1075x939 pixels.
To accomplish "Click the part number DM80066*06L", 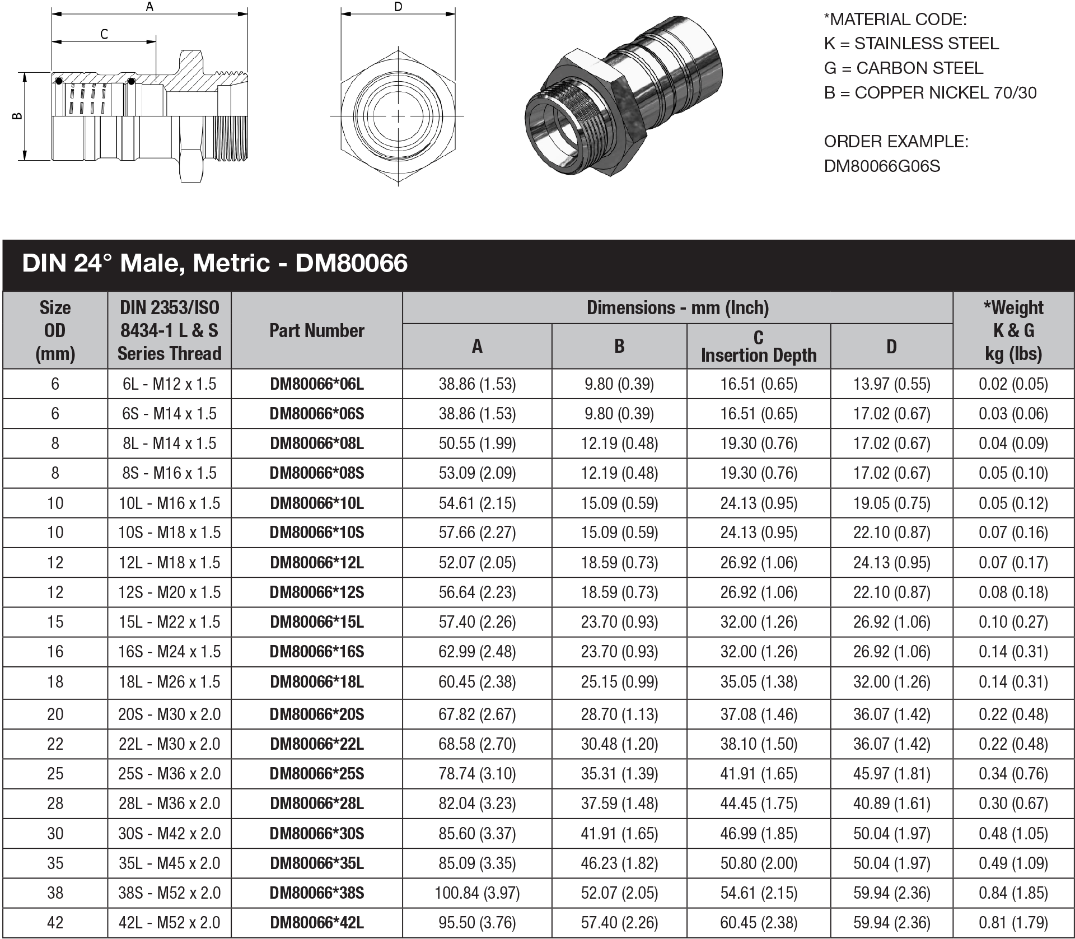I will [316, 384].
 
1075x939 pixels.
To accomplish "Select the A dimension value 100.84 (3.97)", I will [477, 893].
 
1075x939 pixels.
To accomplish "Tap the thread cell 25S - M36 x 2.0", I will [169, 774].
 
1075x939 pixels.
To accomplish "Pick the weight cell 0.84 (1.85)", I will [1013, 893].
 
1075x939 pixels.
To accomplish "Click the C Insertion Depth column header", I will [758, 347].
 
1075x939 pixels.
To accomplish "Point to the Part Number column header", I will [316, 330].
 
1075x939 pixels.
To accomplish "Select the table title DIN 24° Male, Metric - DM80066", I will [215, 263].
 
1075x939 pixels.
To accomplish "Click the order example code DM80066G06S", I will [882, 166].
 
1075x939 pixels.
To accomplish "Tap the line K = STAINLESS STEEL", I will [911, 44].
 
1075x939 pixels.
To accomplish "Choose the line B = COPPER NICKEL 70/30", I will [930, 93].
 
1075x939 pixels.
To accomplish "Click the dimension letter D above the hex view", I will [398, 7].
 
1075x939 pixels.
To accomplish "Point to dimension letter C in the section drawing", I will [104, 35].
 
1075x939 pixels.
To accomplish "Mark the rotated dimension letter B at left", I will [17, 116].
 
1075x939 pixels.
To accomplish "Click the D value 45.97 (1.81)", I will [891, 774].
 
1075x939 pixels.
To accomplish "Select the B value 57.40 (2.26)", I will [619, 923].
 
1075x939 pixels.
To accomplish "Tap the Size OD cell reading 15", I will [55, 622].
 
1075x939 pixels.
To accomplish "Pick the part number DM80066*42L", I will [316, 923].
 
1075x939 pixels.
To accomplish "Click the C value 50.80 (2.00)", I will [758, 863].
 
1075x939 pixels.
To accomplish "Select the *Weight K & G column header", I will [1013, 330].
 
